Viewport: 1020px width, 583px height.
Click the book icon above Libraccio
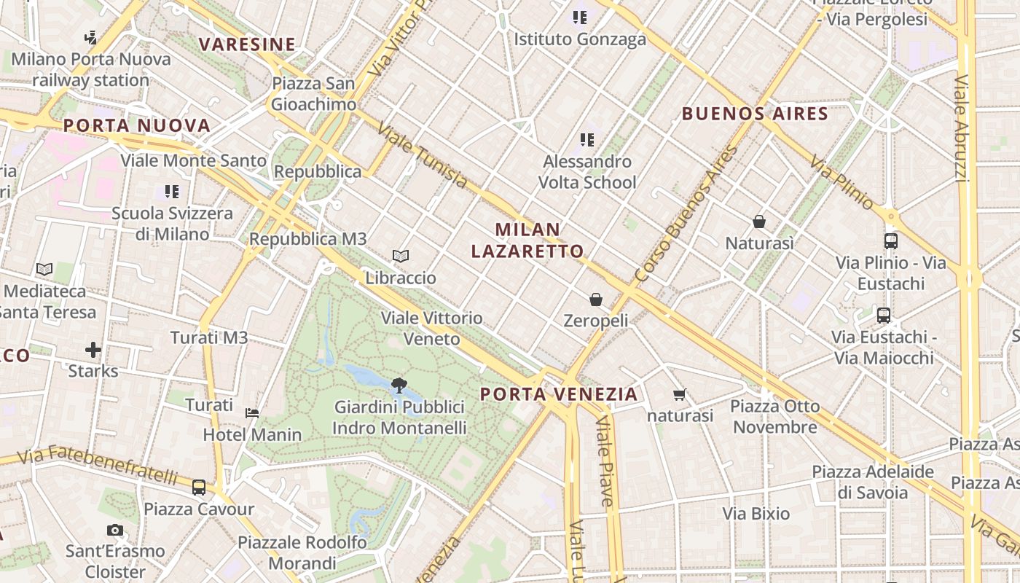[x=400, y=256]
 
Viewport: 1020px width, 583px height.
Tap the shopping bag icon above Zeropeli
[x=596, y=299]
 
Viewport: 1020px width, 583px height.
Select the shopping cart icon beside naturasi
[x=680, y=394]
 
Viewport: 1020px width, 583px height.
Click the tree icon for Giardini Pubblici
[x=399, y=385]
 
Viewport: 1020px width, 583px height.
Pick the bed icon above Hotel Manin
[x=252, y=412]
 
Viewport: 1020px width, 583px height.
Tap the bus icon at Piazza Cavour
[x=198, y=487]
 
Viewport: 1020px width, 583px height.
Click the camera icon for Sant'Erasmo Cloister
[x=114, y=530]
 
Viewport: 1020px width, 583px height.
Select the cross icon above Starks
[x=93, y=350]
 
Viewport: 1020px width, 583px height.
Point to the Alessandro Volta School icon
[x=587, y=139]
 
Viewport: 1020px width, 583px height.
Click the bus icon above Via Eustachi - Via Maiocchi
[x=884, y=316]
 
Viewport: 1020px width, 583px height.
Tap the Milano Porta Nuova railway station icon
[x=91, y=37]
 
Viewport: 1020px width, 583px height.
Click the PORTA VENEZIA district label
[x=559, y=394]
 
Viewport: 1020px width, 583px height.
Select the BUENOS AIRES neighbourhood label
[x=755, y=114]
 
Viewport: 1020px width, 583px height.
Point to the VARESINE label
[x=247, y=44]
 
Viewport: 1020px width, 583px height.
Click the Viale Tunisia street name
[x=423, y=154]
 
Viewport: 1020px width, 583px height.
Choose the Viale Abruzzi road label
[x=962, y=128]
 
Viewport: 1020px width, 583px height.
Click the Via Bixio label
[x=756, y=514]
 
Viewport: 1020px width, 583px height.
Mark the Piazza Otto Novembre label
[x=775, y=416]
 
